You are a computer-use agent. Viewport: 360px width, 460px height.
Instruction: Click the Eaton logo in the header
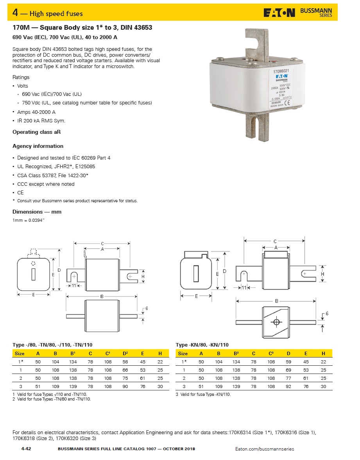click(279, 13)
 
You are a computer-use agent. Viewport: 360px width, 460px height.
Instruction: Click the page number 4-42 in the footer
click(26, 449)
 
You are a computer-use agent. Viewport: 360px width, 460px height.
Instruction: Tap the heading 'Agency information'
click(38, 146)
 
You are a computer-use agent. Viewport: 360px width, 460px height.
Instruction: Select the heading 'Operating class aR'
click(36, 132)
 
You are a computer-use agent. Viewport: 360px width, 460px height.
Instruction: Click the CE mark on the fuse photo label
click(286, 103)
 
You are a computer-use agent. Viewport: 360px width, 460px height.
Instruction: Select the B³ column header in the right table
click(236, 353)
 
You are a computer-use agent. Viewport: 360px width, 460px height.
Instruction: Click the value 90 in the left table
click(125, 386)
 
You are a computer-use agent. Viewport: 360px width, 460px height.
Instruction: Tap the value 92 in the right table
click(288, 386)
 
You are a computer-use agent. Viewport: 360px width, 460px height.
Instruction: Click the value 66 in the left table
click(125, 370)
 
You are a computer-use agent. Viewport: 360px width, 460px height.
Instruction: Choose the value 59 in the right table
click(288, 362)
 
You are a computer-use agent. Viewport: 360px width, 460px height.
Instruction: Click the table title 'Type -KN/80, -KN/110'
click(202, 345)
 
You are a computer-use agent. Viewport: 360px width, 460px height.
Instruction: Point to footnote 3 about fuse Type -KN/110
click(203, 394)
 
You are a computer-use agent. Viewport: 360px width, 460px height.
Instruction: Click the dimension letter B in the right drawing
click(276, 301)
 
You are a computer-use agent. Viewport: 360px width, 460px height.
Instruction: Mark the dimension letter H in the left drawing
click(143, 277)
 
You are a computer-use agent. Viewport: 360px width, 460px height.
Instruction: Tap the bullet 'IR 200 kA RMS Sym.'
click(41, 120)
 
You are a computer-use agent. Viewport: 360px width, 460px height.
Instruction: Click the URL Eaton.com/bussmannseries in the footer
click(265, 449)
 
